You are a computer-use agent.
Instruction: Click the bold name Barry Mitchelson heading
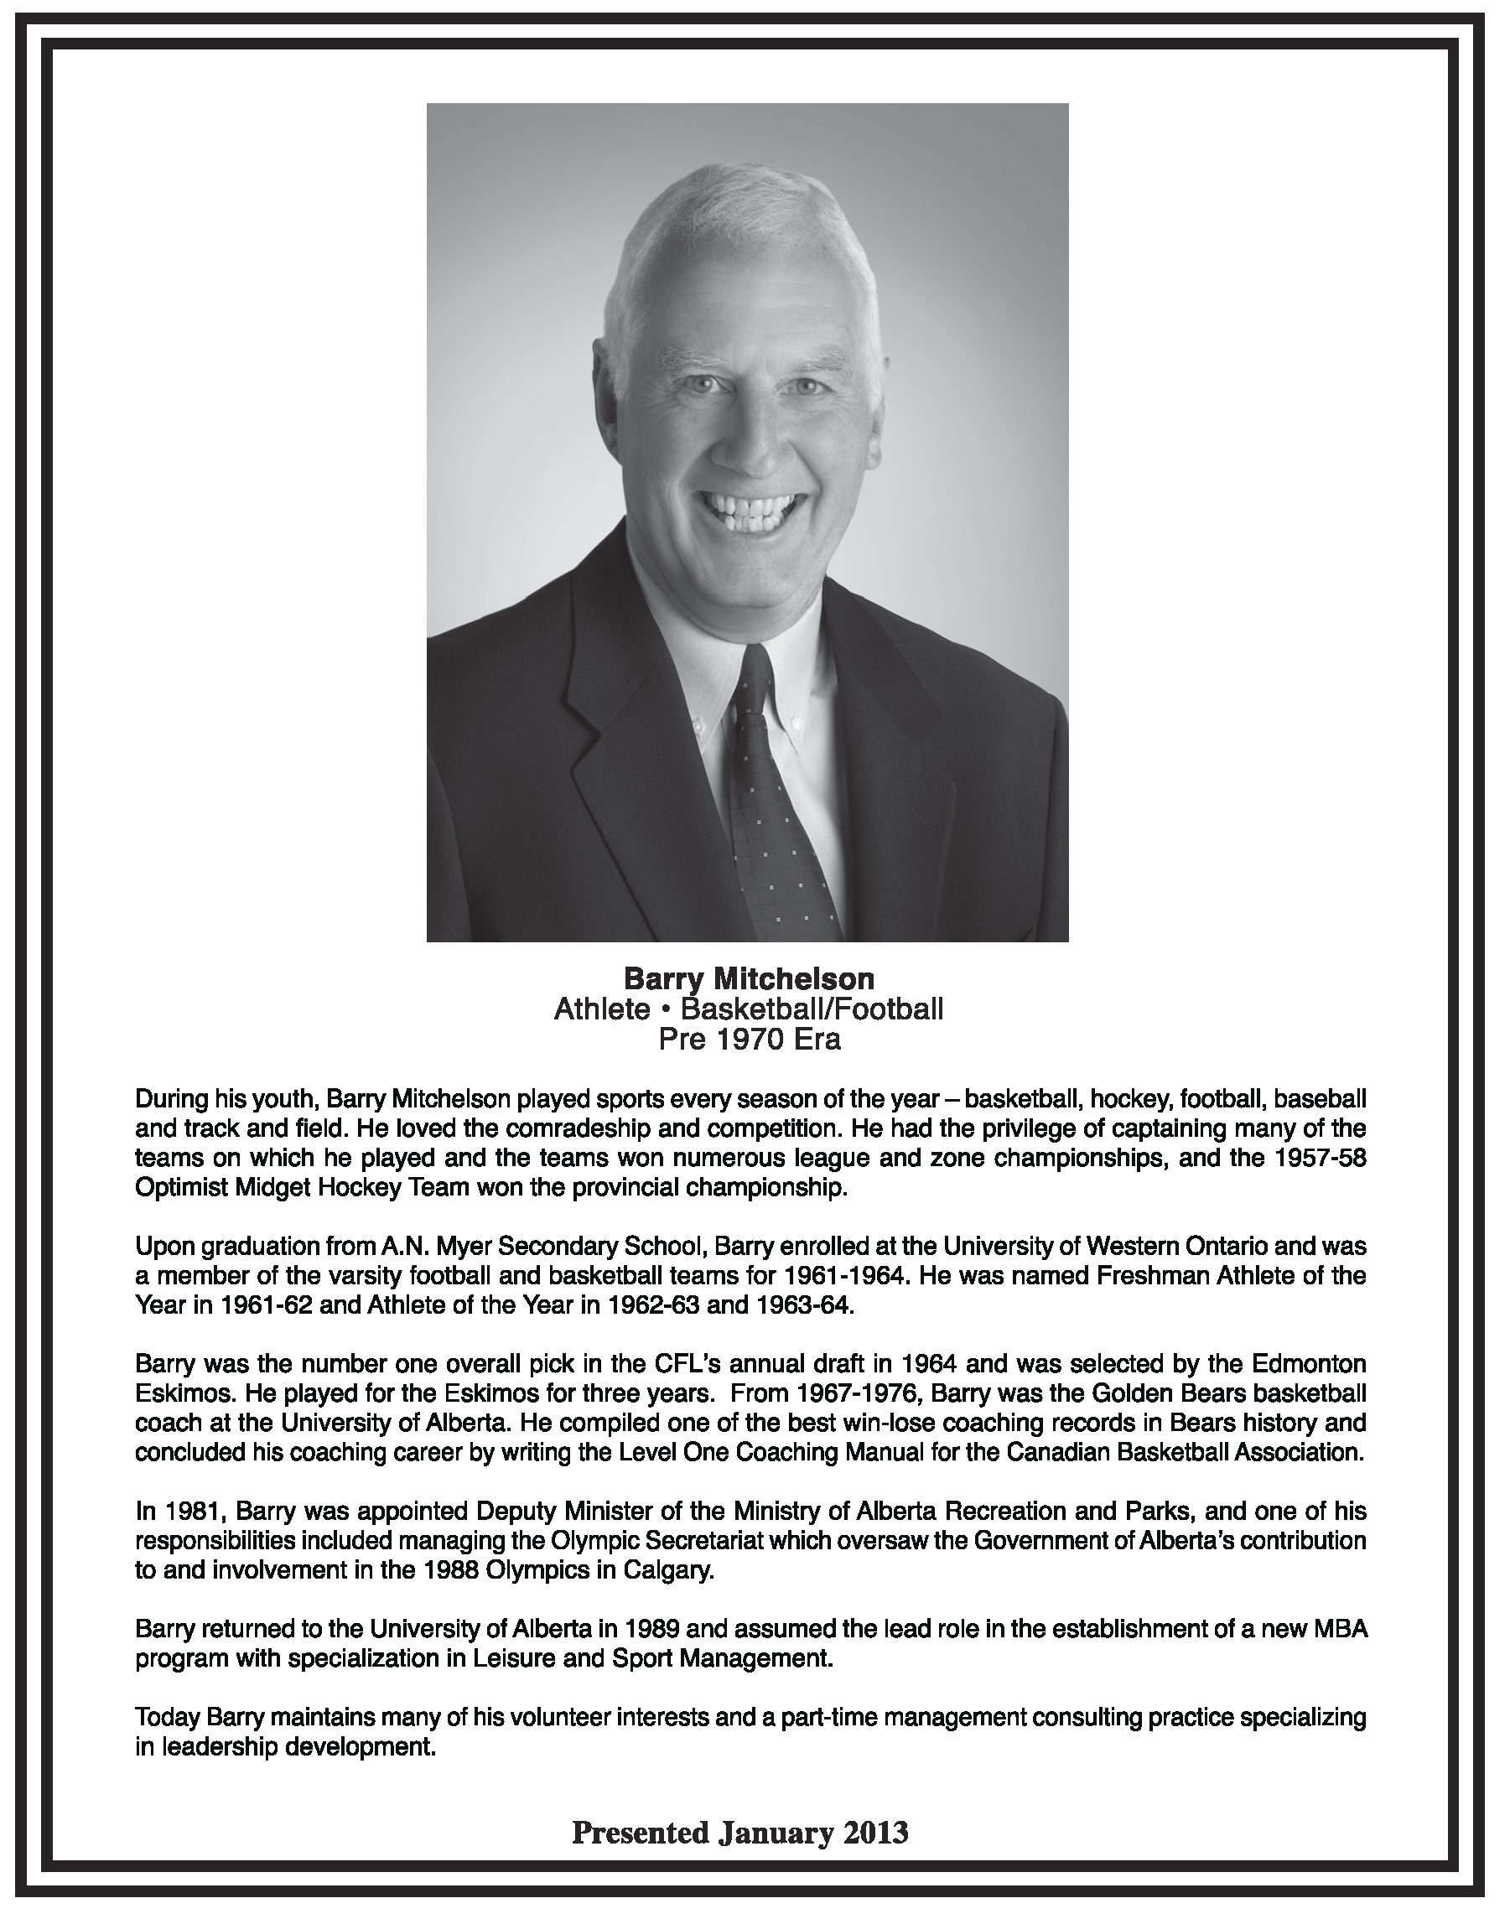click(x=749, y=978)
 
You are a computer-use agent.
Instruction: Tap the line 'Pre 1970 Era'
click(x=749, y=1040)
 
